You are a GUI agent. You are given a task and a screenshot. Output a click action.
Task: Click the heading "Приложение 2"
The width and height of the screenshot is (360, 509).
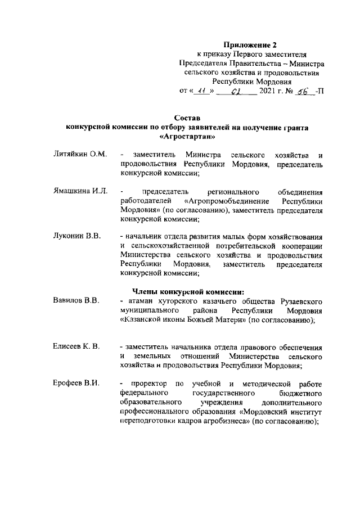pyautogui.click(x=250, y=44)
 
